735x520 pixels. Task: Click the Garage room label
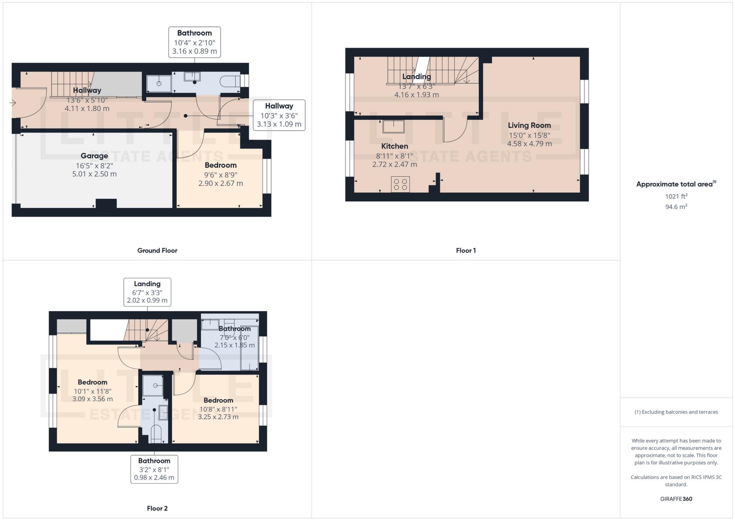[94, 156]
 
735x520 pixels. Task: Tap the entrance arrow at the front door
[13, 103]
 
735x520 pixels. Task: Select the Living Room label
[529, 125]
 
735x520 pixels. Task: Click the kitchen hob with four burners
[400, 184]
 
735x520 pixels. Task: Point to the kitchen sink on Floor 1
[393, 126]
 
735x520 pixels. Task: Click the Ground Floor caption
[157, 251]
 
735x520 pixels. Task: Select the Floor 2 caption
[157, 509]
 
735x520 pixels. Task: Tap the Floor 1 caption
[466, 251]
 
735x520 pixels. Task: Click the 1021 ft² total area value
[676, 196]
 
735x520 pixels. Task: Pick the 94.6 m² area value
[676, 207]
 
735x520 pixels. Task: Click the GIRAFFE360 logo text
[676, 499]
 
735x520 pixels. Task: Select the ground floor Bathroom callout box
[195, 42]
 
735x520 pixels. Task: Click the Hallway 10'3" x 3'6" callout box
[279, 115]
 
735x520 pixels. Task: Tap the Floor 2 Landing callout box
[147, 292]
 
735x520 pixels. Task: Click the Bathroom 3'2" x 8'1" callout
[154, 469]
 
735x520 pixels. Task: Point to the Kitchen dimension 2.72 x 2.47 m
[395, 164]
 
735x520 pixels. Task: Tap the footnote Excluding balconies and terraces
[676, 412]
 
